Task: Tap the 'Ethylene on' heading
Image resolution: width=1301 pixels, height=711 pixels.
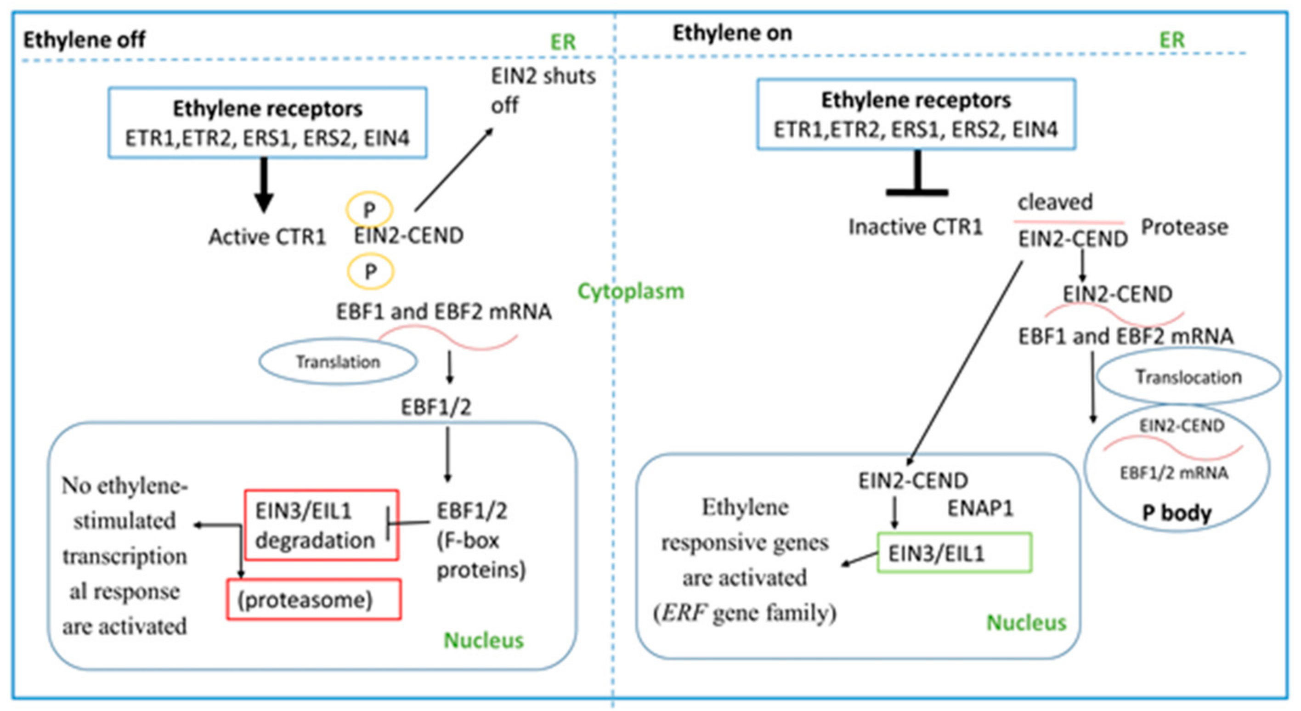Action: click(x=732, y=34)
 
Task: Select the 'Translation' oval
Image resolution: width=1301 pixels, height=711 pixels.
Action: click(x=338, y=361)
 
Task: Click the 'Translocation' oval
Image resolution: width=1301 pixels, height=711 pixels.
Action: click(x=1188, y=377)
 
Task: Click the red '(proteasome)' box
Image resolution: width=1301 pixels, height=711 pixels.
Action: click(x=314, y=599)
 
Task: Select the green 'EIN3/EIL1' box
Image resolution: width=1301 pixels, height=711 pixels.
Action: click(x=954, y=553)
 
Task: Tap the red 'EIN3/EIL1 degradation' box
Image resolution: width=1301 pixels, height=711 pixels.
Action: click(x=321, y=525)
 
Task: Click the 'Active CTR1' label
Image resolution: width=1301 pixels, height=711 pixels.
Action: click(x=267, y=237)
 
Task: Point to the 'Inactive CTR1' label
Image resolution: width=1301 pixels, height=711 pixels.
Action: click(x=915, y=227)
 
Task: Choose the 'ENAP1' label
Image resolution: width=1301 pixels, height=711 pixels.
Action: click(x=980, y=508)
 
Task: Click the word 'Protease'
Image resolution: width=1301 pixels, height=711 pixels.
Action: click(x=1184, y=227)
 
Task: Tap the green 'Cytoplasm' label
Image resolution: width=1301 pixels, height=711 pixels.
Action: click(x=630, y=291)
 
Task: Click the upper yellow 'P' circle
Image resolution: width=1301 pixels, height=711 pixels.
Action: click(x=369, y=209)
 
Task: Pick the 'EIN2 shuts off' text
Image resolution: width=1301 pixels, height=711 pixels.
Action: click(x=543, y=90)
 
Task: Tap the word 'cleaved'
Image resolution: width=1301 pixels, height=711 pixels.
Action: click(x=1055, y=202)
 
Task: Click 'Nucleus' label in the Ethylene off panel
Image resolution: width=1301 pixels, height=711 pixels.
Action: click(x=483, y=640)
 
